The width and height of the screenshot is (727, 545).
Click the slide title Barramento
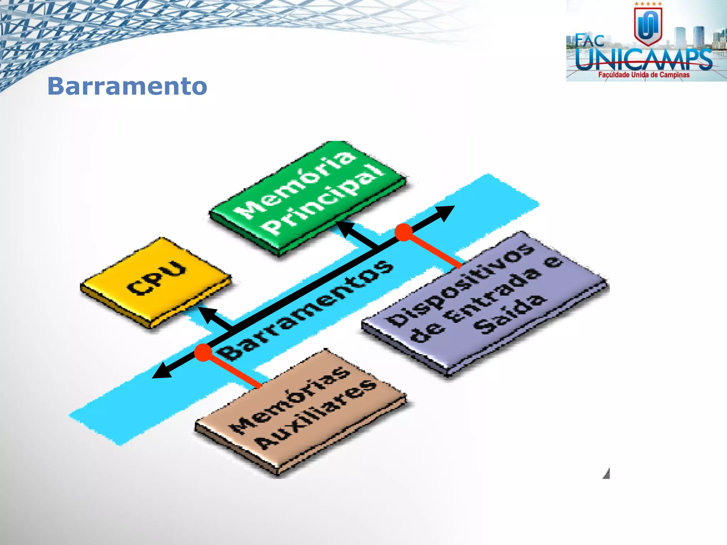(127, 86)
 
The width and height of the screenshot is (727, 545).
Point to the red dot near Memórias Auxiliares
(203, 352)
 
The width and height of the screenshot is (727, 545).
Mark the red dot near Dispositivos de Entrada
(404, 232)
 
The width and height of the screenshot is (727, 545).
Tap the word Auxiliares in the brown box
(316, 415)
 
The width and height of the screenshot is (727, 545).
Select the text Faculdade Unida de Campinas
(644, 75)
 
